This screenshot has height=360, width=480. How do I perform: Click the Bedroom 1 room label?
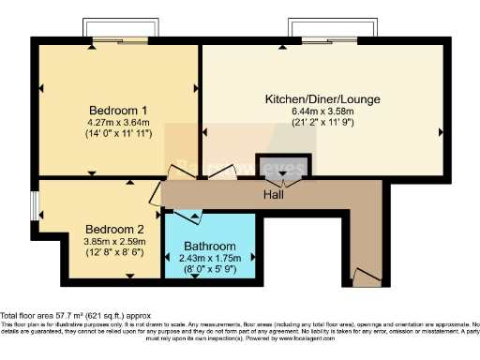click(x=116, y=109)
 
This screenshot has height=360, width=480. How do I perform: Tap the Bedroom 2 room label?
click(x=114, y=228)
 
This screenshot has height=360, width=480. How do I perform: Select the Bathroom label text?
click(x=210, y=247)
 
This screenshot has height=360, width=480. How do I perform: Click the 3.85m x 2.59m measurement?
click(x=114, y=240)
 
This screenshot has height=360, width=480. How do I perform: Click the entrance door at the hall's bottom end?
click(x=367, y=277)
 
